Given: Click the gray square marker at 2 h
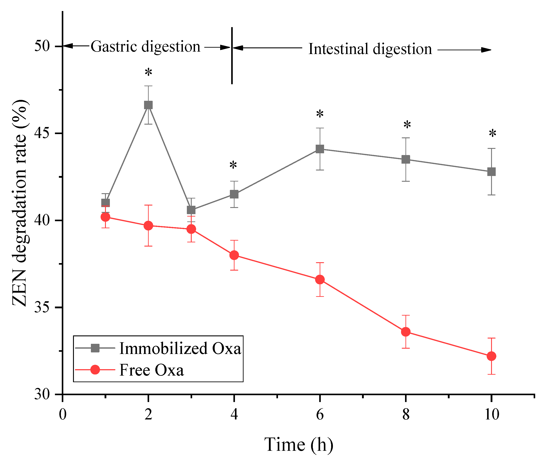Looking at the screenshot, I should coord(148,105).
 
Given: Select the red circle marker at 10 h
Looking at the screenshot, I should coord(491,356).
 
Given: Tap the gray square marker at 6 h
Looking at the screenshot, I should coord(320,149).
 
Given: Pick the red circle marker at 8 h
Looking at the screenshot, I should coord(405,332).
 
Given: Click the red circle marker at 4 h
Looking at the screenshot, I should coord(234,255).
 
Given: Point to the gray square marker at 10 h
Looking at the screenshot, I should coord(491,172).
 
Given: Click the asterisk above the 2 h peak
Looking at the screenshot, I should coord(148,72).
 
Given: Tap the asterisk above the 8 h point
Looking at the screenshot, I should coord(407,125).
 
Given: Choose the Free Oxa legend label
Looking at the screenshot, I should coord(151,370).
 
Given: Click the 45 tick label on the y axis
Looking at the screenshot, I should coord(42,133).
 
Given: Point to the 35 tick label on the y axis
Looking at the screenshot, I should coord(42,307).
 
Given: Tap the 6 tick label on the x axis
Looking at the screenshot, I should coord(320,415).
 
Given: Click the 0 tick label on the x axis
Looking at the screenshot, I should coord(63,415).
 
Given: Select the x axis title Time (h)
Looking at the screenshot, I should coord(299,445).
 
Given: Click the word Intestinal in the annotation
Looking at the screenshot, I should coord(338,49).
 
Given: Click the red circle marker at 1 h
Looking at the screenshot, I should coord(105,217).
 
